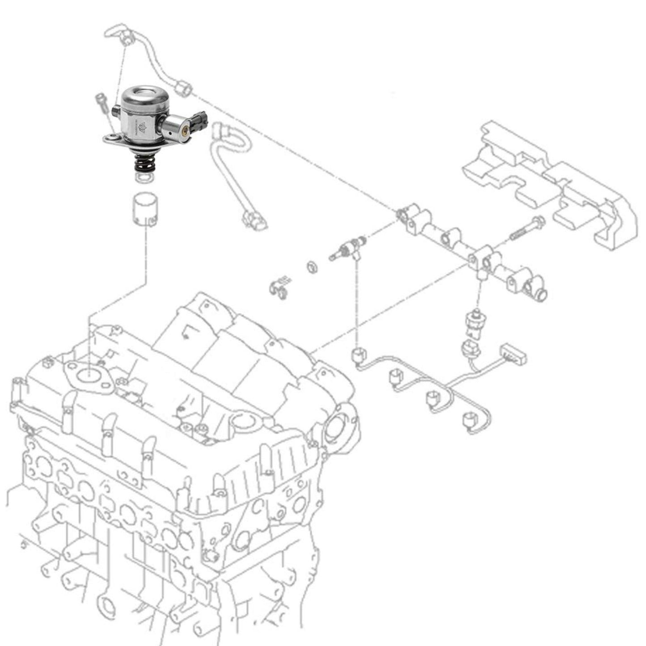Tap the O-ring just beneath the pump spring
(x=144, y=178)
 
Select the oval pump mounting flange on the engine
(x=88, y=375)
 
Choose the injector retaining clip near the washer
(x=279, y=288)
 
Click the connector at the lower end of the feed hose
(x=253, y=220)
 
